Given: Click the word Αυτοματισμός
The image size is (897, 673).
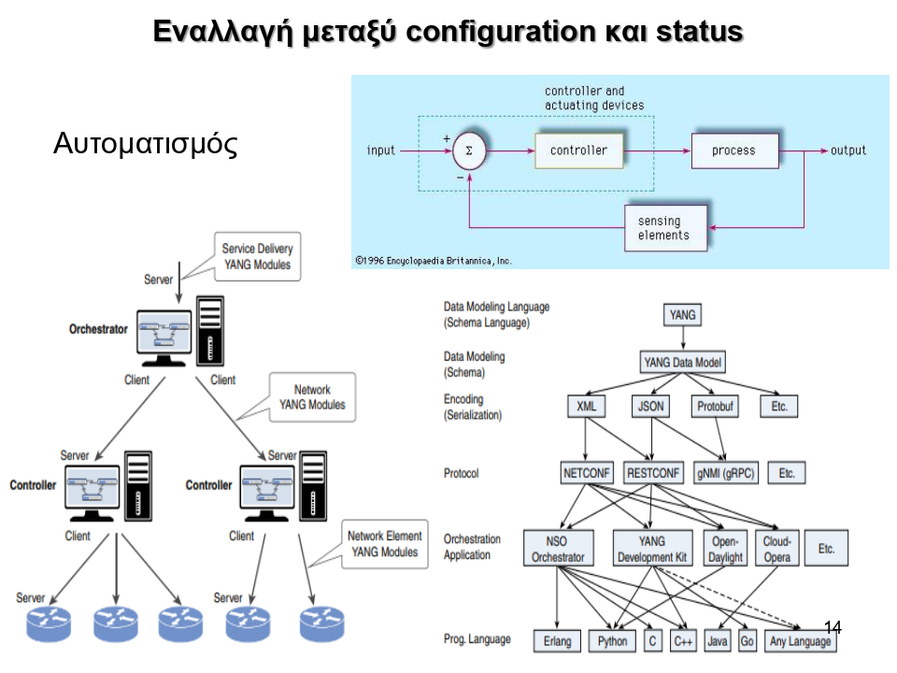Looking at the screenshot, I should point(146,144).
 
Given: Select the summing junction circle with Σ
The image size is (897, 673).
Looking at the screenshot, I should point(470,150).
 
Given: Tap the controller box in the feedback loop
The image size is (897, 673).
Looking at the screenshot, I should point(578,150).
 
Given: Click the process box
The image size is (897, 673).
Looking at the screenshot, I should point(733,150).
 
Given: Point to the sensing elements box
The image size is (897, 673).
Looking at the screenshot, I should point(665,228).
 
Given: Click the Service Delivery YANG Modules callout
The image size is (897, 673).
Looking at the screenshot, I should point(257,257).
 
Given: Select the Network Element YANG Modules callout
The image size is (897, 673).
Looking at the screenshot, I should point(384,544).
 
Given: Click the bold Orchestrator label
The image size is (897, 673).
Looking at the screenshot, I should point(98,330).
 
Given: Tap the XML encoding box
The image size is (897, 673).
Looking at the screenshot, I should point(586,407).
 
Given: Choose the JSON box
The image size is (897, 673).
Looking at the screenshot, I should point(650,407).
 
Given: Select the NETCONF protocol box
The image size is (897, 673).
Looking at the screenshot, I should point(587,473).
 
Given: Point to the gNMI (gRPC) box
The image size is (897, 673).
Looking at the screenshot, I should point(725,473).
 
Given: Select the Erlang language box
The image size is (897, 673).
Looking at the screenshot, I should point(558,641).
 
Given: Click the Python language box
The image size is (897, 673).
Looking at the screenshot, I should point(612,641).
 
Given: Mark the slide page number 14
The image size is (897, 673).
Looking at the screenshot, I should point(833,627).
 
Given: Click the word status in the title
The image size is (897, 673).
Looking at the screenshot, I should point(697,31).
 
